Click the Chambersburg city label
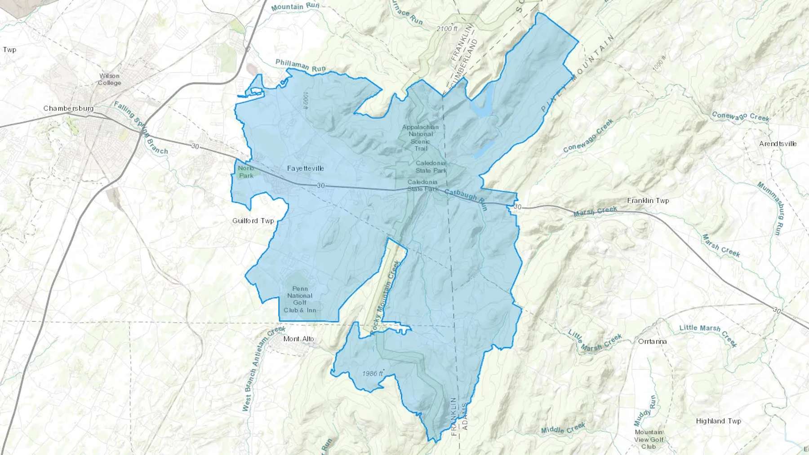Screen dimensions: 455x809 click(68, 108)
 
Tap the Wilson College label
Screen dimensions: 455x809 click(109, 79)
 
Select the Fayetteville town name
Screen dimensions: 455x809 click(306, 168)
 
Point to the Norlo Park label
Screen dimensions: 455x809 click(246, 172)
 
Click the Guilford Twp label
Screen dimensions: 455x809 click(253, 221)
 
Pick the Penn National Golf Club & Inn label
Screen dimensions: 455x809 click(300, 299)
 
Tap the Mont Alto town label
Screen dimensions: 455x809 click(299, 339)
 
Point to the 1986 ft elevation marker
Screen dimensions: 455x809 click(373, 374)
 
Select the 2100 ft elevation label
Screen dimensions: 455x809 click(447, 29)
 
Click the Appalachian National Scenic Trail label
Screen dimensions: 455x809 click(421, 137)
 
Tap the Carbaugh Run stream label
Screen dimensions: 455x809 click(466, 199)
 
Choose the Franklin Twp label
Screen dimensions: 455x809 click(648, 200)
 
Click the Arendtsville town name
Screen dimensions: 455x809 click(778, 144)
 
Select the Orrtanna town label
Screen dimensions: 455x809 click(653, 341)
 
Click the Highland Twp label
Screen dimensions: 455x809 click(718, 421)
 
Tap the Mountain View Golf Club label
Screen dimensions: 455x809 click(649, 439)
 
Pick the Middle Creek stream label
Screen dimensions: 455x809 click(563, 428)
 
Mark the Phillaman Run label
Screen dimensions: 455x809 click(300, 66)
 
